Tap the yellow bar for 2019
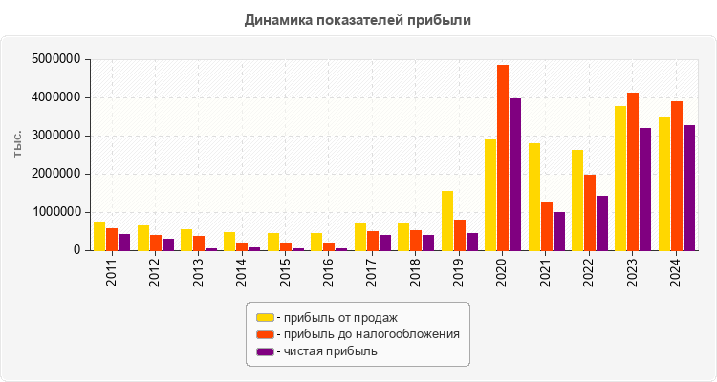tap(447, 221)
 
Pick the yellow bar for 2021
tap(534, 197)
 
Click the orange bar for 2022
tap(590, 212)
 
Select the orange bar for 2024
tap(677, 176)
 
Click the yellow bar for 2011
tap(99, 236)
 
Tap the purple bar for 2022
tap(602, 223)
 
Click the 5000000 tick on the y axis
tap(56, 59)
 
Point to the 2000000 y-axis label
tap(56, 174)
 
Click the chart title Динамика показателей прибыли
tap(358, 19)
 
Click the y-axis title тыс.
tap(18, 146)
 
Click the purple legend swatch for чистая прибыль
tap(265, 351)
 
